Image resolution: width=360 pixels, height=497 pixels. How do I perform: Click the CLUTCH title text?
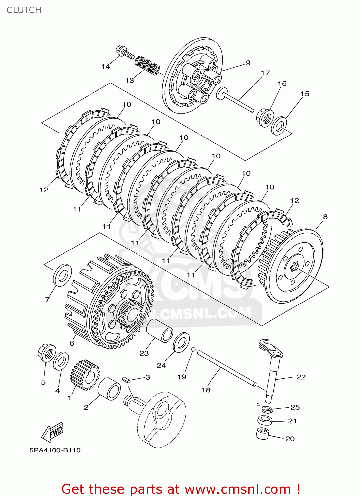(x=24, y=10)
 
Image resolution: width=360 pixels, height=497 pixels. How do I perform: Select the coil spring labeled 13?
(x=147, y=65)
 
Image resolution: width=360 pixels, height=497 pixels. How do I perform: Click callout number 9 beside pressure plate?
(x=248, y=63)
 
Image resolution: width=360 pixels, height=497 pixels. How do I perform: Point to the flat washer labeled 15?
(x=279, y=126)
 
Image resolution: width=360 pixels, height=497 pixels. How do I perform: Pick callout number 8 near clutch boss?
(x=325, y=217)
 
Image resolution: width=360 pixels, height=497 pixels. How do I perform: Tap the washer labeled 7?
(x=62, y=275)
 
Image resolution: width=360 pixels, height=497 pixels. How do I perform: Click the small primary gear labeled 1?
(x=85, y=374)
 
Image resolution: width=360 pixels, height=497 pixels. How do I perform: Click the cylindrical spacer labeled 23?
(x=160, y=330)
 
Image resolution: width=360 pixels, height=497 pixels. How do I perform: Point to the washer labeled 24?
(x=181, y=343)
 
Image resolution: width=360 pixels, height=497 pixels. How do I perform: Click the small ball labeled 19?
(x=193, y=349)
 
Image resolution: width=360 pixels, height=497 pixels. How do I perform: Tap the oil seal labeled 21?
(x=265, y=420)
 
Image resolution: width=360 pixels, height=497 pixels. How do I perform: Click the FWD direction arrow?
(x=52, y=432)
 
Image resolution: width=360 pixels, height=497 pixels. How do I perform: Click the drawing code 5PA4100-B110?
(x=55, y=450)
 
